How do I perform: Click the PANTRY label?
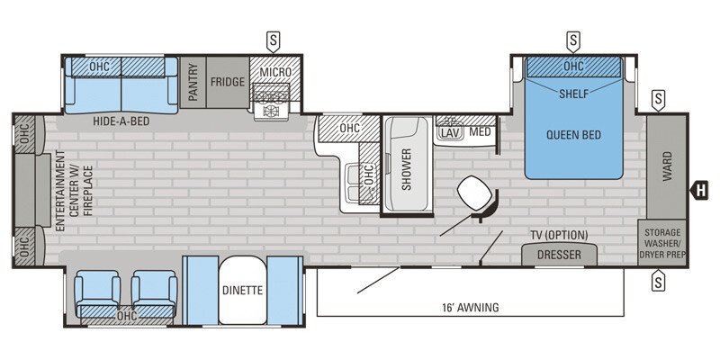tap(192, 82)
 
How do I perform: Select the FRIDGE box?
tap(228, 81)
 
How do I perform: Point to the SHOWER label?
tap(406, 168)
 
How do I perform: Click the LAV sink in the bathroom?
tap(449, 132)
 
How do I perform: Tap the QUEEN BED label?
tap(573, 136)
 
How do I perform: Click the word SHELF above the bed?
tap(573, 93)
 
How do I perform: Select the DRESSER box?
tap(559, 255)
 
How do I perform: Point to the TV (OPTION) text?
tap(558, 235)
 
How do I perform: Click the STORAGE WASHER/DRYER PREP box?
tap(661, 243)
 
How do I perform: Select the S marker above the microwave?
tap(273, 40)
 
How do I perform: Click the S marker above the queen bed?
tap(573, 40)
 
